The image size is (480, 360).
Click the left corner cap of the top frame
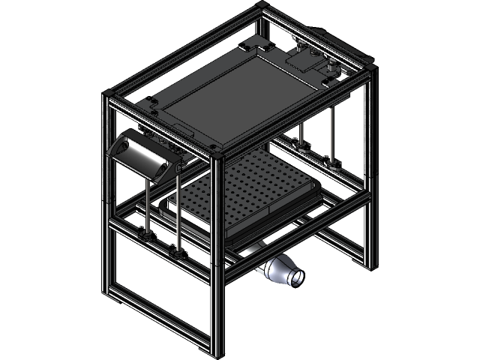pos(108,94)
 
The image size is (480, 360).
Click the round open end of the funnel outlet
pos(296,277)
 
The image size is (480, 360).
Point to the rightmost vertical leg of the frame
pos(368,172)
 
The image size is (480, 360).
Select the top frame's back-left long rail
pos(184,49)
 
